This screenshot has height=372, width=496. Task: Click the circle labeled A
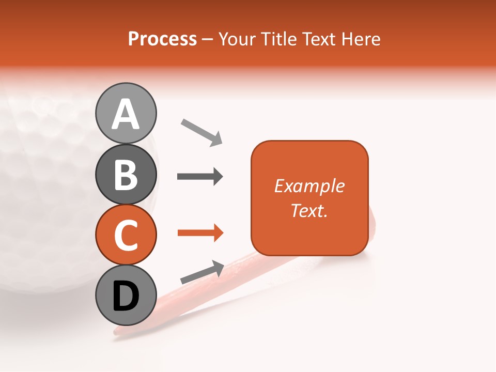[126, 114]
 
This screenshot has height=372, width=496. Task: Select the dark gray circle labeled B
[126, 174]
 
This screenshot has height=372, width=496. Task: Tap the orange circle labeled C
[126, 235]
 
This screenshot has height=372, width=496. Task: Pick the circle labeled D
[126, 295]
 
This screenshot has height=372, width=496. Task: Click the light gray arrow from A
[202, 132]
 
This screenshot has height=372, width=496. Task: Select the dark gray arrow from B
[200, 177]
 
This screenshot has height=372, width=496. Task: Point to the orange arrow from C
[200, 233]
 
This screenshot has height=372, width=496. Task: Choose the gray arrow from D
[202, 272]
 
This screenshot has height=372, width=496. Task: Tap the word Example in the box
[309, 186]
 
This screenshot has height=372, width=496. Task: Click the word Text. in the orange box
[309, 210]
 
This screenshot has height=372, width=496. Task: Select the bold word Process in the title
[162, 39]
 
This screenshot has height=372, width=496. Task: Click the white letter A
[126, 114]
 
